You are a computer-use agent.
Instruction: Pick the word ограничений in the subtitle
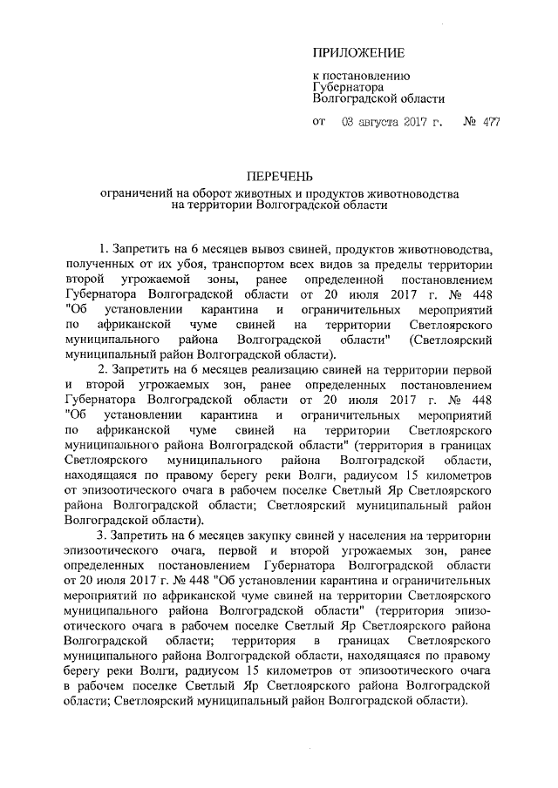coord(135,192)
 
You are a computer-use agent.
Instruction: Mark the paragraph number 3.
coord(103,533)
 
